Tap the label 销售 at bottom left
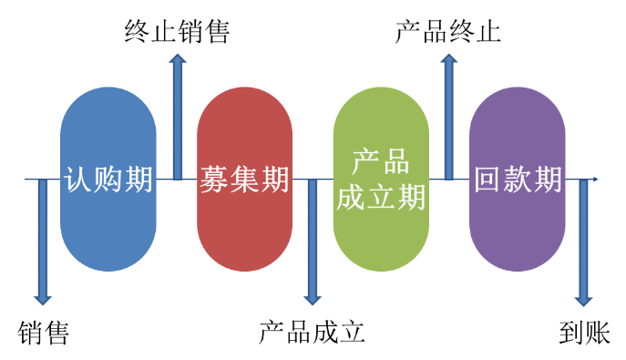(44, 333)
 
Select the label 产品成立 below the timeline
(312, 333)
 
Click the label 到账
(584, 333)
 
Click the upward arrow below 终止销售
(178, 118)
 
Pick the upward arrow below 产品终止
(448, 118)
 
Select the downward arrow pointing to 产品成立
(313, 237)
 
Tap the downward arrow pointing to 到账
(584, 237)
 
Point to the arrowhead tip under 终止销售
(178, 57)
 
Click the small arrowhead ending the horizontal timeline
(595, 180)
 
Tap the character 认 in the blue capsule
(80, 180)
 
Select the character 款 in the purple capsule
(518, 180)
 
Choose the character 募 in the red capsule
(215, 180)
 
